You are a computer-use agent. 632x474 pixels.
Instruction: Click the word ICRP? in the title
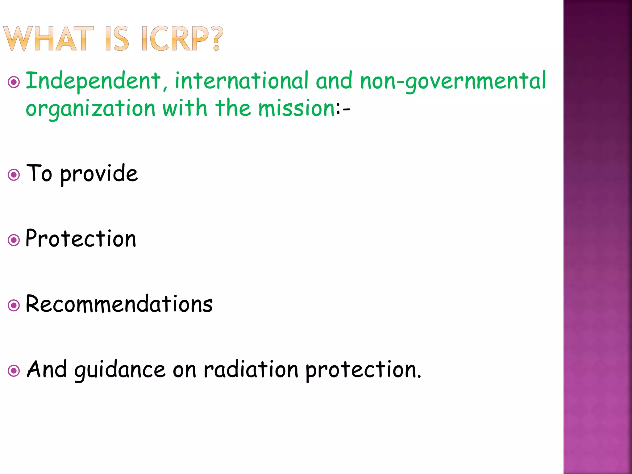182,39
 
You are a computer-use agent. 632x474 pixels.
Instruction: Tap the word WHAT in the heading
48,39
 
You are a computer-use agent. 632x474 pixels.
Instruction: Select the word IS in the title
117,39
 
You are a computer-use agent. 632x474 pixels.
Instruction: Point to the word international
242,81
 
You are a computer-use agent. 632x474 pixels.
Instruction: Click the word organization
90,109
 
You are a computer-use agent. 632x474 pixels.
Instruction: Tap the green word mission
297,108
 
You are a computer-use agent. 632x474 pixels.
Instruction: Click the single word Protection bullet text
81,239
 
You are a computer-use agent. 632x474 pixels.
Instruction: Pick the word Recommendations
119,304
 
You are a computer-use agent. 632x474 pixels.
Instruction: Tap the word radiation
251,369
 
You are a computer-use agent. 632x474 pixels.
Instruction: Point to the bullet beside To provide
14,175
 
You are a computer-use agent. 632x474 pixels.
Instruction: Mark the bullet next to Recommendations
14,306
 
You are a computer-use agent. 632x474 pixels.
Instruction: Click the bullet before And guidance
14,371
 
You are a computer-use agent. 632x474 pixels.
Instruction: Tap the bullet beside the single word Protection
14,240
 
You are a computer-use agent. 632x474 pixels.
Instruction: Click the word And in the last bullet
47,369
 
